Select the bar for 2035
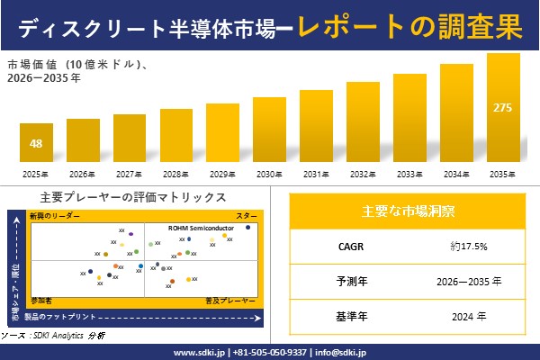(503, 108)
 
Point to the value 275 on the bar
(503, 108)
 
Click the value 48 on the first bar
(36, 144)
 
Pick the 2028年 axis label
(176, 174)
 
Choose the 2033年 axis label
(409, 174)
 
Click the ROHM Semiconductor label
(202, 229)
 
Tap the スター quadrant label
(246, 216)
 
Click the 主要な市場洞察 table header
(408, 211)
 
